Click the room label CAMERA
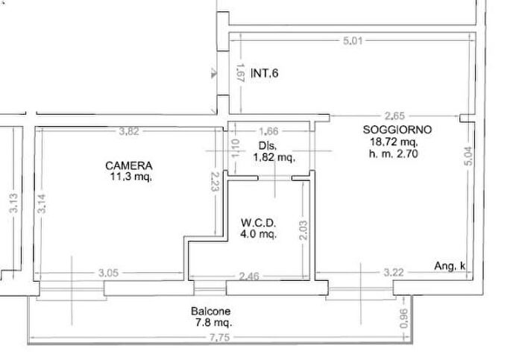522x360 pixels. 128,165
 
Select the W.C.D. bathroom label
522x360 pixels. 259,223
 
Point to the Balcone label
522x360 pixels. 210,312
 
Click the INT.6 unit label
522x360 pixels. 265,73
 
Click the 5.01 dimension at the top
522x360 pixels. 353,41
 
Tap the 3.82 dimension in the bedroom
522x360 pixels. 129,132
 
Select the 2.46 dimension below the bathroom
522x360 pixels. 250,275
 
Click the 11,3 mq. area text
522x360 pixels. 130,177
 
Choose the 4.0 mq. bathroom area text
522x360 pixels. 258,234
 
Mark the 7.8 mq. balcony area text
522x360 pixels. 211,323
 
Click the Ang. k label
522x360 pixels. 450,266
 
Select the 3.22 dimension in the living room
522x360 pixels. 393,274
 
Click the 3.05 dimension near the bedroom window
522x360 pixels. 109,274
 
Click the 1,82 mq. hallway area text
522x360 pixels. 274,157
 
